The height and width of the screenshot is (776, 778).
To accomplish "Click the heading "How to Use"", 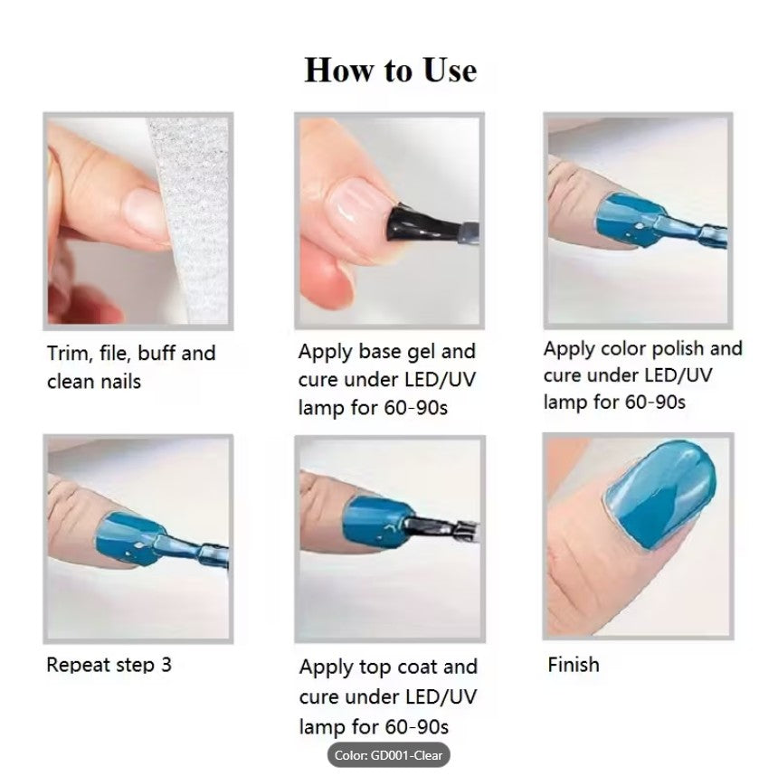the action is [x=391, y=70].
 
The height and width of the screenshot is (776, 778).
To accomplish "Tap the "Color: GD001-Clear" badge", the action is [x=388, y=755].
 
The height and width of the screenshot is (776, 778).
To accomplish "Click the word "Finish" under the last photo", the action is [x=574, y=665].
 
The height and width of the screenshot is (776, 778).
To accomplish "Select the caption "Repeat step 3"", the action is [x=109, y=666].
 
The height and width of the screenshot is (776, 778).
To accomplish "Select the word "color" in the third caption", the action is [x=622, y=349].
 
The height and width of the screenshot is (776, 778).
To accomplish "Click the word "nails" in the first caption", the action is [x=121, y=382].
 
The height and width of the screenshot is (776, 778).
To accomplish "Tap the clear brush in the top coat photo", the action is [x=441, y=529].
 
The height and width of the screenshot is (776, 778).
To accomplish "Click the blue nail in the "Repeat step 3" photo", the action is [x=129, y=538].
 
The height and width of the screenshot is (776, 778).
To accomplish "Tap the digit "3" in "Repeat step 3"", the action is [x=166, y=665].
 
